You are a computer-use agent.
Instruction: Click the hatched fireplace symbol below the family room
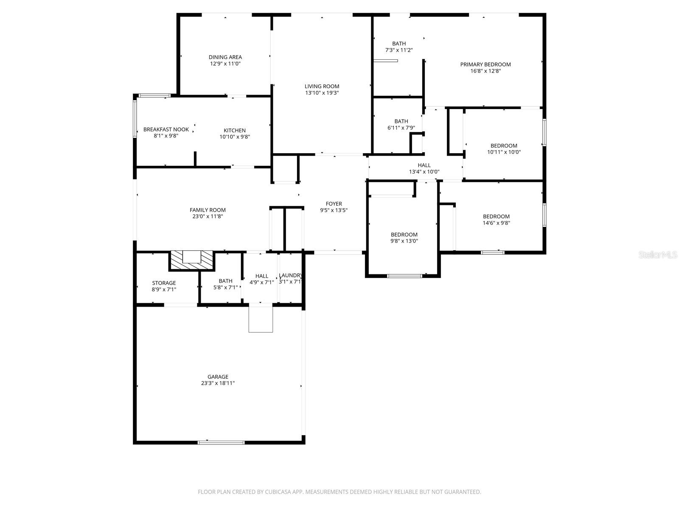click(192, 260)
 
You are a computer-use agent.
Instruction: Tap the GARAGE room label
click(218, 377)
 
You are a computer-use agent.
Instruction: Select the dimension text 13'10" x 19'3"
click(322, 93)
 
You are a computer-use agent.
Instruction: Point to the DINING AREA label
click(225, 57)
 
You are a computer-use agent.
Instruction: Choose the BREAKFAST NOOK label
click(166, 129)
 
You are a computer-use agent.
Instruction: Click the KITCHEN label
click(235, 130)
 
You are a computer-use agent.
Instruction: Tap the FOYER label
click(334, 204)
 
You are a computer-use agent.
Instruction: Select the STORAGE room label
click(164, 283)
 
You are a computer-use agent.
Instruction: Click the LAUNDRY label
click(290, 275)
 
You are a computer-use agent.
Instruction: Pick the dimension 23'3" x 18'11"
click(218, 383)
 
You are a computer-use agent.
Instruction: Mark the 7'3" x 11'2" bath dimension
click(399, 50)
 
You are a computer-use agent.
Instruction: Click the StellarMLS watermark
click(657, 255)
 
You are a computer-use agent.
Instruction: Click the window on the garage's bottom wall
click(221, 442)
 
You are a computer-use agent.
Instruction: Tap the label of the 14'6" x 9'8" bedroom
click(496, 216)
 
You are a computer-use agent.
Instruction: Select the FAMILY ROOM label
click(208, 210)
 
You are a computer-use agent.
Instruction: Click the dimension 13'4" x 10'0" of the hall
click(424, 172)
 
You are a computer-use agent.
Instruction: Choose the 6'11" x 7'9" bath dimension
click(401, 128)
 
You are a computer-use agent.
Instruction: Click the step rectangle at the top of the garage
click(261, 319)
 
